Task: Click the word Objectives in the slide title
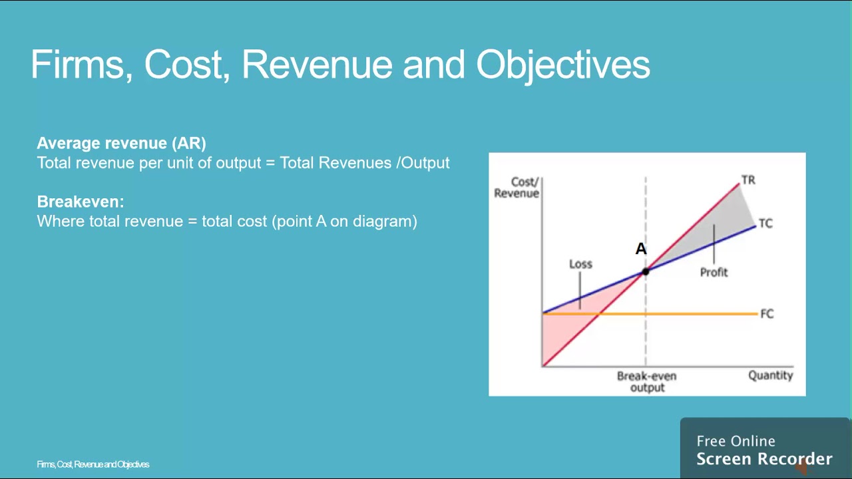[x=562, y=65]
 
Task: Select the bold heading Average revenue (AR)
[x=121, y=143]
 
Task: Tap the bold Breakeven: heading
[x=81, y=202]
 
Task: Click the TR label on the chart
[x=748, y=180]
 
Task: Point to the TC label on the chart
[x=765, y=224]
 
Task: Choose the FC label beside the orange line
[x=767, y=313]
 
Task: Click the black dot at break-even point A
[x=645, y=271]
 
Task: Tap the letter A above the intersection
[x=640, y=249]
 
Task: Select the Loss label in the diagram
[x=580, y=264]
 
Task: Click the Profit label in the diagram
[x=714, y=272]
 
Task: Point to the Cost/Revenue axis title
[x=517, y=188]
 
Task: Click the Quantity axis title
[x=770, y=375]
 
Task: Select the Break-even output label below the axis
[x=646, y=381]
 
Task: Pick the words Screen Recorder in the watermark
[x=763, y=459]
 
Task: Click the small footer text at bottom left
[x=93, y=464]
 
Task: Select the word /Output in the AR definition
[x=423, y=163]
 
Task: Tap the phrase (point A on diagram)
[x=344, y=222]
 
